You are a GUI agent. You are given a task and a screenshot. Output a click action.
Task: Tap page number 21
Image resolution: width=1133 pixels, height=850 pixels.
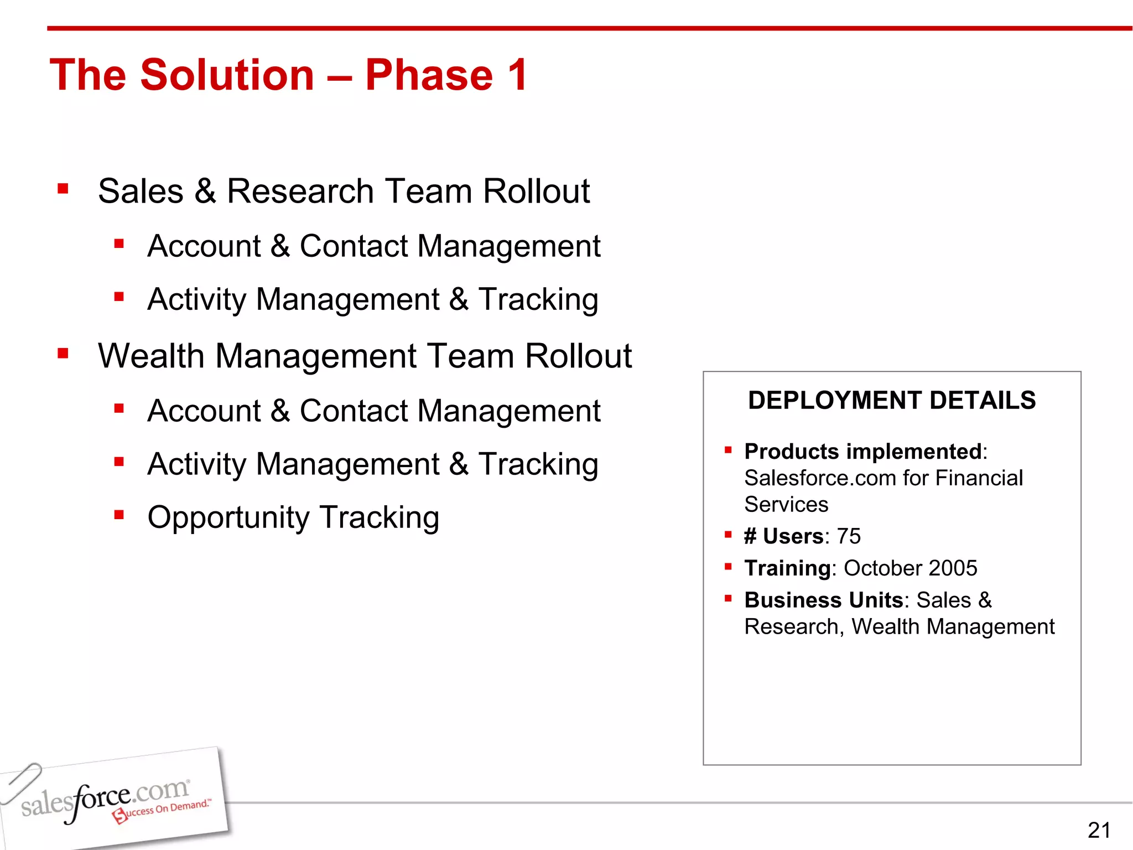coord(1099,830)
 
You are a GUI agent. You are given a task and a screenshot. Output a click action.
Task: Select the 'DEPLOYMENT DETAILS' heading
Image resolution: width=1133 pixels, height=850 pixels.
coord(892,400)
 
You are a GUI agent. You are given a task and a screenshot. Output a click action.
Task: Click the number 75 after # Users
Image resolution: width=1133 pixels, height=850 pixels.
coord(849,536)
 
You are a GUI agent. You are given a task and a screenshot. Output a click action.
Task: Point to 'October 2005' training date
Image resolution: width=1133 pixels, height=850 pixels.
coord(911,568)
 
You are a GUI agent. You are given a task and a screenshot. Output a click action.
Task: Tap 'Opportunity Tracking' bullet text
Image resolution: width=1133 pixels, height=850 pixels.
coord(293,517)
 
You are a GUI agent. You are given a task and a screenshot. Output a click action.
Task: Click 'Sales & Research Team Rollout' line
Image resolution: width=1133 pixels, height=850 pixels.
coord(344,191)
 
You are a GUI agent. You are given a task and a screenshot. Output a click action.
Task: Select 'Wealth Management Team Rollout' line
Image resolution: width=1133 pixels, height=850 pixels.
coord(365,355)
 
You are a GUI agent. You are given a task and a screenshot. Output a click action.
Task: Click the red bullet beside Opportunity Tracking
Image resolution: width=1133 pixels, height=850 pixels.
coord(119,515)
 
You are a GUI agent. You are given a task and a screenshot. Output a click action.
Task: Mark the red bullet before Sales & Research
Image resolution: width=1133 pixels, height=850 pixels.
coord(63,189)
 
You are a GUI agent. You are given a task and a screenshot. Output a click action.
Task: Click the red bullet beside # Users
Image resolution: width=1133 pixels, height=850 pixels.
coord(728,535)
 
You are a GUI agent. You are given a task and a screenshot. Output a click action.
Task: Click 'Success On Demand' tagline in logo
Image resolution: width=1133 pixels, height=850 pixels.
coord(163,811)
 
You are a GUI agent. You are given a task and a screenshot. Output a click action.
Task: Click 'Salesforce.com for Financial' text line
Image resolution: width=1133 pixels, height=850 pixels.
coord(883,478)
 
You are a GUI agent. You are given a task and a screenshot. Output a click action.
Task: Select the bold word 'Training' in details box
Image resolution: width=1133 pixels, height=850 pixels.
coord(787,568)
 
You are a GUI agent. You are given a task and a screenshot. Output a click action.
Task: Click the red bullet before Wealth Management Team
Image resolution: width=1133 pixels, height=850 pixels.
coord(63,353)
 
